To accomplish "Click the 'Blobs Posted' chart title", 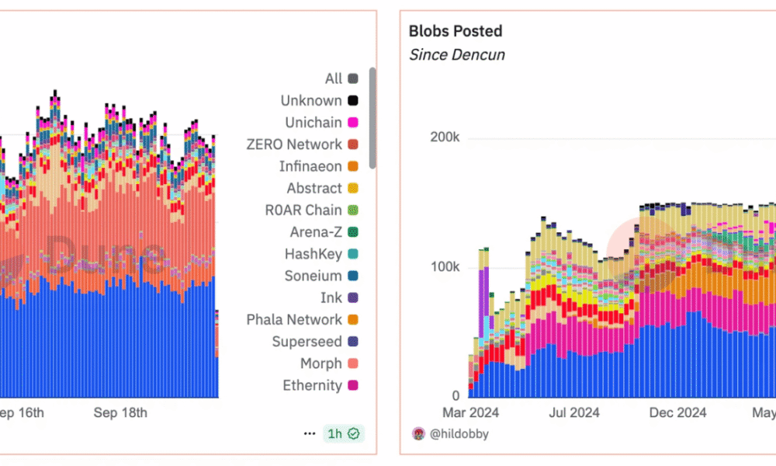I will pyautogui.click(x=456, y=31).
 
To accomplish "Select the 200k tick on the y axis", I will pyautogui.click(x=445, y=137).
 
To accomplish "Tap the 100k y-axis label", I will pyautogui.click(x=445, y=266).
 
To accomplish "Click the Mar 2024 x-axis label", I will pyautogui.click(x=470, y=412).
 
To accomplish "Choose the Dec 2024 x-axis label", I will pyautogui.click(x=678, y=412).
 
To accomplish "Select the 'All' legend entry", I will pyautogui.click(x=334, y=78).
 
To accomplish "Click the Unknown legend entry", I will pyautogui.click(x=311, y=100).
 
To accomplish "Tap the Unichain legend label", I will pyautogui.click(x=314, y=123).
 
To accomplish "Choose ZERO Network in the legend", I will pyautogui.click(x=294, y=144).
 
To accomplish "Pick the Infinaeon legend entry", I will pyautogui.click(x=310, y=166).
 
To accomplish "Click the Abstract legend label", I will pyautogui.click(x=314, y=188).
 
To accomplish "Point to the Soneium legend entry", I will pyautogui.click(x=314, y=276).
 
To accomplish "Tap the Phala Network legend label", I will pyautogui.click(x=294, y=319).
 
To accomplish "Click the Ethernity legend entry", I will pyautogui.click(x=312, y=385).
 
